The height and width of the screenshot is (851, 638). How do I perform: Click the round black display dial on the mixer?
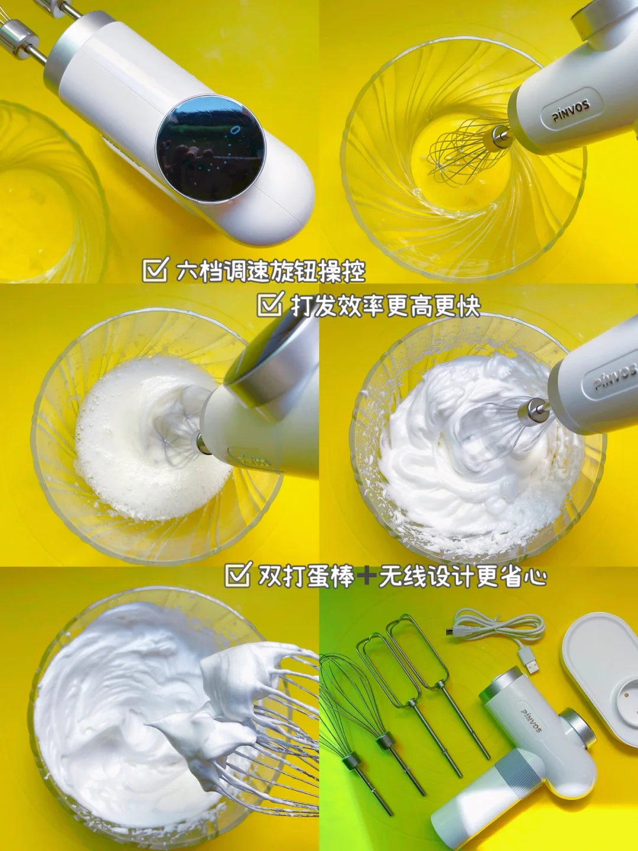(211, 149)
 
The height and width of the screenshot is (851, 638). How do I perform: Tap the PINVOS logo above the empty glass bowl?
(571, 110)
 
